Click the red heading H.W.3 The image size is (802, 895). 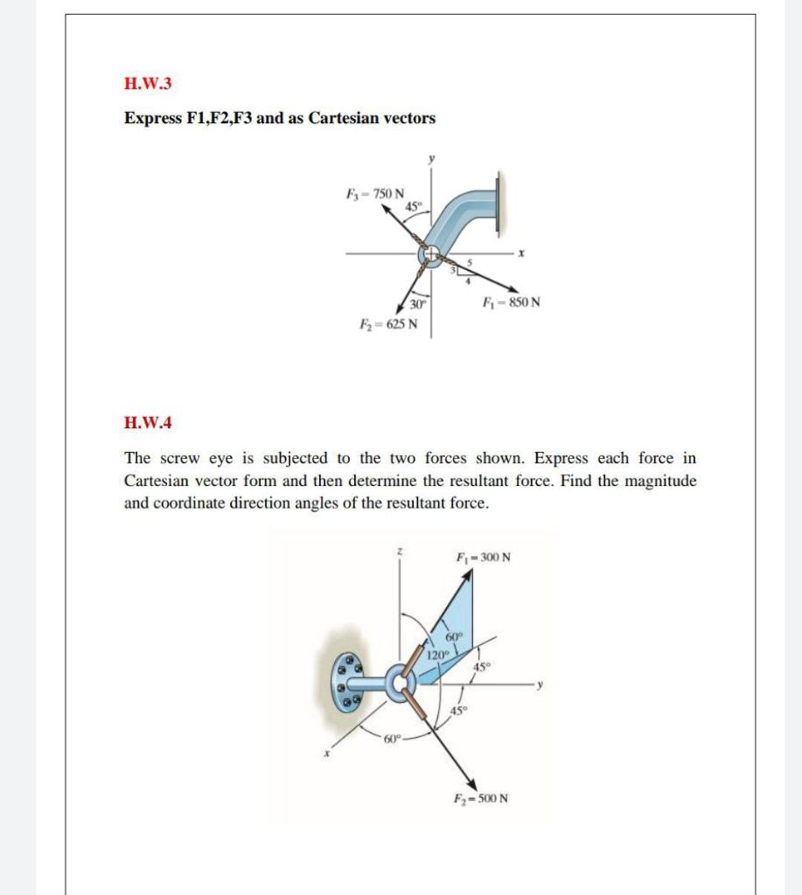148,84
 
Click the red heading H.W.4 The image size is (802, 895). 148,423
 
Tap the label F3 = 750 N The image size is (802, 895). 375,192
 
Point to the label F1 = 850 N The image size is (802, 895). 511,303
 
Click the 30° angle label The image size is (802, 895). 418,304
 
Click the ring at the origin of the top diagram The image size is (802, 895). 431,257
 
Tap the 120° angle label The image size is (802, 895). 437,655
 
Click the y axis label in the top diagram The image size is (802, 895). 430,160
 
